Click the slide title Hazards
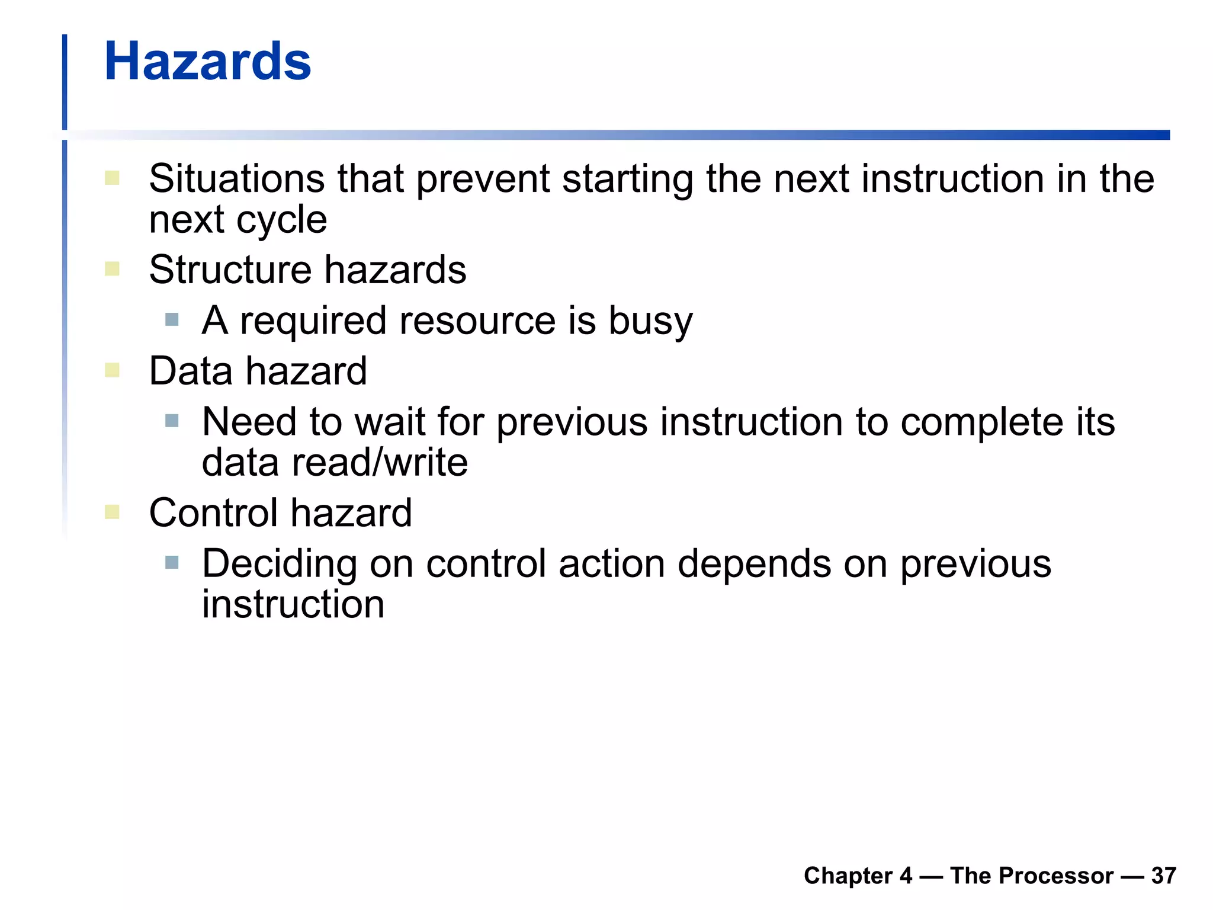coord(207,62)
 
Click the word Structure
coord(230,270)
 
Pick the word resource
coord(477,321)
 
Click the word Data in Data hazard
coord(190,371)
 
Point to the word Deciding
coord(279,565)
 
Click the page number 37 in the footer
coord(1163,876)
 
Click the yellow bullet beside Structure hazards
coord(112,270)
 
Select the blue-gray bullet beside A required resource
coord(172,320)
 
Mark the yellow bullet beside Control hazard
coord(112,512)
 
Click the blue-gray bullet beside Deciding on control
coord(172,562)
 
